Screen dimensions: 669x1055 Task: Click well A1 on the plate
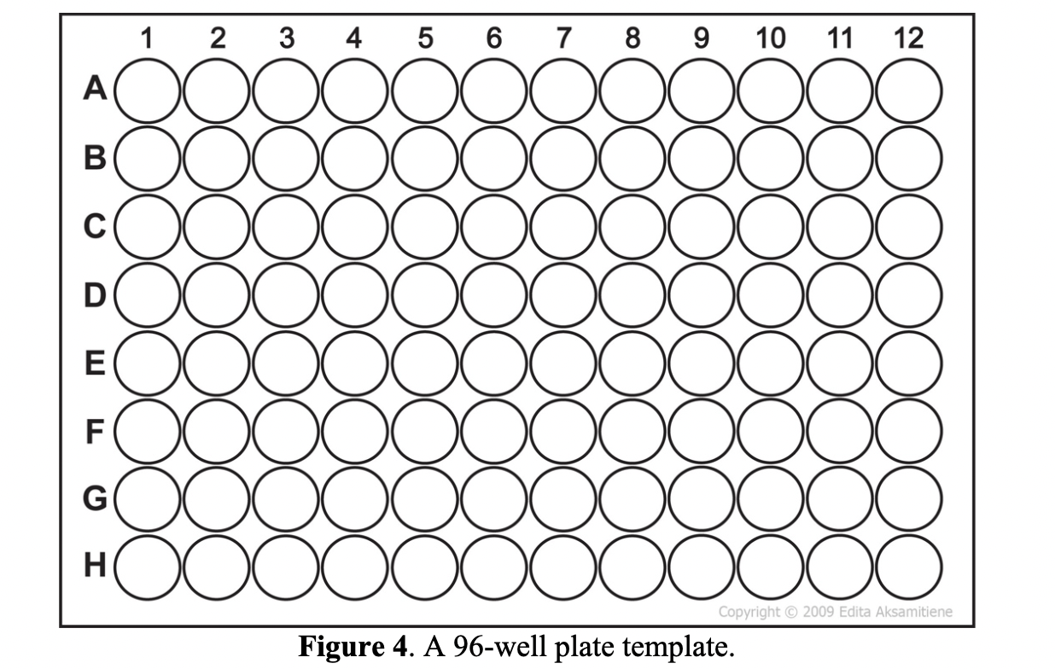(x=148, y=90)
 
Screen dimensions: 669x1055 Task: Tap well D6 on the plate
(x=494, y=294)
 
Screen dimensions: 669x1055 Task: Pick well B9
(x=702, y=158)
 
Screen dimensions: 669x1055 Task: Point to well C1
(x=148, y=226)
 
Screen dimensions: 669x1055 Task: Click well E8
(x=632, y=363)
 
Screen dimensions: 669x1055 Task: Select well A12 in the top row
(x=909, y=90)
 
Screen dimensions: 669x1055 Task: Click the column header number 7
(x=563, y=38)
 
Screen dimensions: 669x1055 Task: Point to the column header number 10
(x=770, y=38)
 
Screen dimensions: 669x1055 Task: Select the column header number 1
(x=147, y=38)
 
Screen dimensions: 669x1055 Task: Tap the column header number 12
(x=908, y=38)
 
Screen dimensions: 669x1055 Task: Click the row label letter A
(x=95, y=89)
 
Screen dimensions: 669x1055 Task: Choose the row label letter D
(x=95, y=294)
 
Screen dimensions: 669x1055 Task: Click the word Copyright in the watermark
(x=749, y=612)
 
